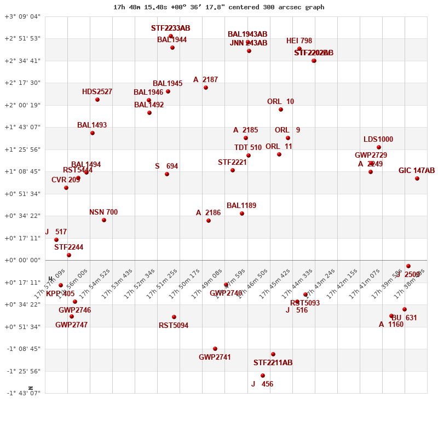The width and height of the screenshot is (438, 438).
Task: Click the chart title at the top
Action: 218,7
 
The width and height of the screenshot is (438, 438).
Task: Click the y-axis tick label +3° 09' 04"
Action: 22,16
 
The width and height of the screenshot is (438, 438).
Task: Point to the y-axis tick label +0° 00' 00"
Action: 22,260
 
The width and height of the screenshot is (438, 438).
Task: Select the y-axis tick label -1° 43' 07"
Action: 22,393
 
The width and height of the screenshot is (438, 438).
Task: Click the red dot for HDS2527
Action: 97,100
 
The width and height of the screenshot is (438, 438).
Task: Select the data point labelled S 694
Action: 167,174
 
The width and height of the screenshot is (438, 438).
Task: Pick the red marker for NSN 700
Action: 104,220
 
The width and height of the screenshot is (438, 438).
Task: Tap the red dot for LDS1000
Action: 379,147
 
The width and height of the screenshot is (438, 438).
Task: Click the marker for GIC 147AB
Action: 417,178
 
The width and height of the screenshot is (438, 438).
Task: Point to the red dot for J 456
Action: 263,376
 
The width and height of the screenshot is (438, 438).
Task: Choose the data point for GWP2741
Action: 215,349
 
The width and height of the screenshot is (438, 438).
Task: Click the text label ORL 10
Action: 280,102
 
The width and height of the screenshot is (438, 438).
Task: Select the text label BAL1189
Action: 241,206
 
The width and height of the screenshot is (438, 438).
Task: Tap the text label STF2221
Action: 232,163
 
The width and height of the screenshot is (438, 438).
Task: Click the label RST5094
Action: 174,326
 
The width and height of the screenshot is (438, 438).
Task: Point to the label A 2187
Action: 205,80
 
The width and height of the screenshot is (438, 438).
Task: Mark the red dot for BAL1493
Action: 93,133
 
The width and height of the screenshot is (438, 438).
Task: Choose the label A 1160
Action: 391,325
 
